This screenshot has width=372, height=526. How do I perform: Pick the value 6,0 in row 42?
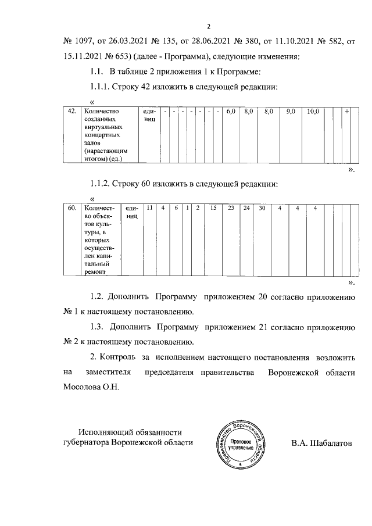pos(231,111)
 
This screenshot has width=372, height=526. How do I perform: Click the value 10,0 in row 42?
pos(313,111)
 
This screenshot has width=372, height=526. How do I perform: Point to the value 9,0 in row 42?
pos(291,111)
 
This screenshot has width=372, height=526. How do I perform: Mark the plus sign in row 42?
pos(347,111)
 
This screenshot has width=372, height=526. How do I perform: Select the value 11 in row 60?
pos(149,208)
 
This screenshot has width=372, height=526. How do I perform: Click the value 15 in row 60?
pos(213,208)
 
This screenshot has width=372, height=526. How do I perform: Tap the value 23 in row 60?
pos(231,208)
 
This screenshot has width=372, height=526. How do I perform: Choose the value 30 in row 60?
pos(262,208)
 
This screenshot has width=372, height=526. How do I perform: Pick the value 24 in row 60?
pos(246,208)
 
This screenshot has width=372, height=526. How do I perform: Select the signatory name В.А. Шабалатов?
pos(321,443)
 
